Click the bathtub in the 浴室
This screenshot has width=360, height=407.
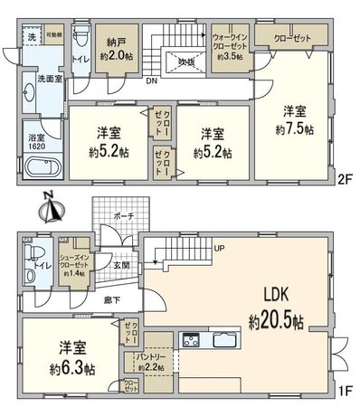[42, 168]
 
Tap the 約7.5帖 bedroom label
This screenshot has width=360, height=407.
[294, 119]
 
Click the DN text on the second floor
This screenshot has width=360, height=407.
[149, 80]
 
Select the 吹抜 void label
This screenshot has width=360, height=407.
[185, 62]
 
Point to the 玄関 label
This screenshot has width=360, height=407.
[123, 265]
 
